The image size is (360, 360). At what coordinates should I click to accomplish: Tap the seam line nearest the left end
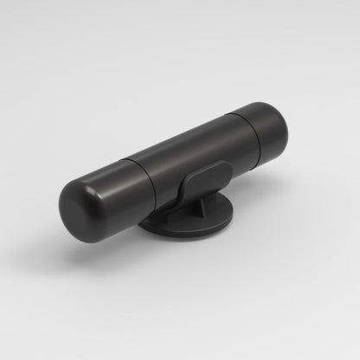click(x=138, y=185)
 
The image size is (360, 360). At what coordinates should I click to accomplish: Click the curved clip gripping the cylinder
click(x=200, y=181)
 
